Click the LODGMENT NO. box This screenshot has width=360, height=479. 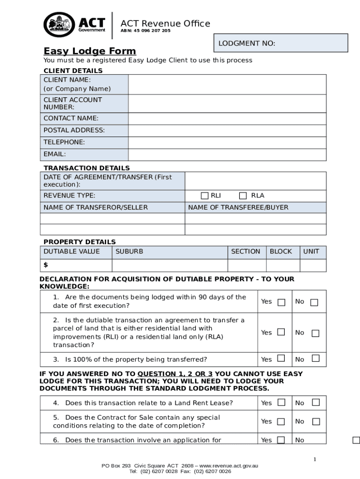(x=281, y=43)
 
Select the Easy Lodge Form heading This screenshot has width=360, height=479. (x=90, y=51)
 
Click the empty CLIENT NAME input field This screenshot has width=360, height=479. (x=227, y=85)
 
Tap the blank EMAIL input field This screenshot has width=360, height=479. (x=227, y=154)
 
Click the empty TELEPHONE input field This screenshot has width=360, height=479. (x=227, y=142)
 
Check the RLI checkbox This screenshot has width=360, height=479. (x=205, y=196)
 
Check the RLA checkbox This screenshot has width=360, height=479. (x=243, y=196)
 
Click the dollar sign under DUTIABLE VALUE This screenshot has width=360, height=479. (x=46, y=265)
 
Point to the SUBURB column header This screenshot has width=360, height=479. (x=130, y=252)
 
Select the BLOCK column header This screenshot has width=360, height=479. (x=281, y=252)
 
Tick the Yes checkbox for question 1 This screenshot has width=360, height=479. (x=281, y=302)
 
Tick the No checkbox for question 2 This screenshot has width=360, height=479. (x=316, y=333)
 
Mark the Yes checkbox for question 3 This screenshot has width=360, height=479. (x=281, y=359)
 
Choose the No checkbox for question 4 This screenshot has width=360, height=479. (x=316, y=402)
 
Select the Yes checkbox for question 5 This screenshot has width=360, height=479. (x=281, y=421)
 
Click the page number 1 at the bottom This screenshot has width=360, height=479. (x=315, y=459)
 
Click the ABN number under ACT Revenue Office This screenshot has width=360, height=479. (x=145, y=31)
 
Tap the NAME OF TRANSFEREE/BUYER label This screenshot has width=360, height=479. (x=238, y=207)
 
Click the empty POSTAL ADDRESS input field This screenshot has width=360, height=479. (x=227, y=131)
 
